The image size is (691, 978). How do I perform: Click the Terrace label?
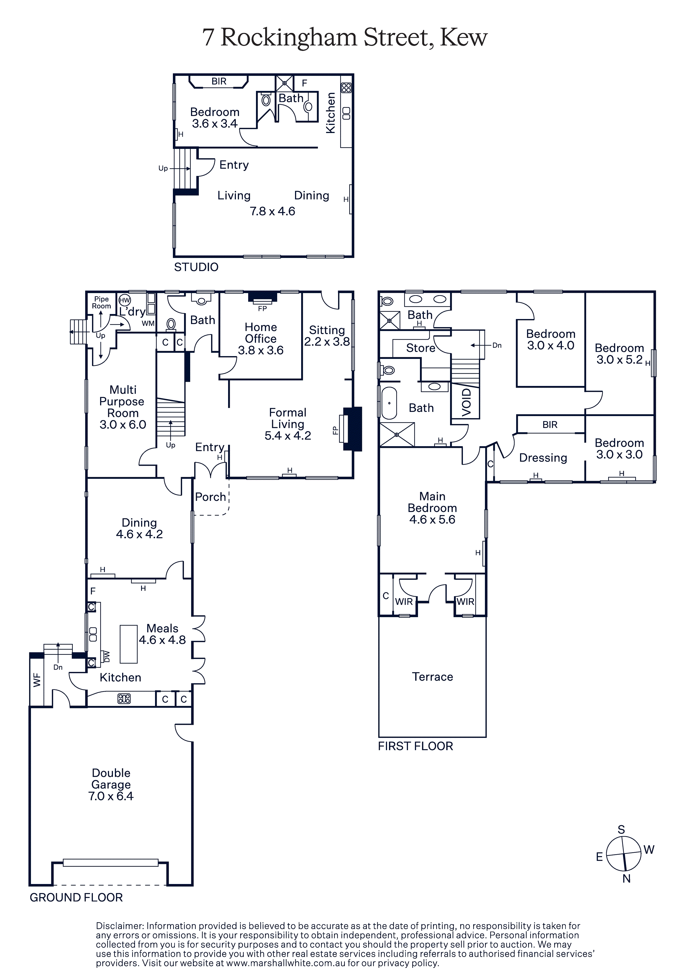(433, 677)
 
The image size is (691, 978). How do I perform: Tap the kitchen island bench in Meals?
(129, 644)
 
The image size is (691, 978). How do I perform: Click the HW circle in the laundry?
(124, 300)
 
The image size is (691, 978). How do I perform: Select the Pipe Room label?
(102, 302)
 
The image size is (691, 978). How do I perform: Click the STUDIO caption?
(196, 267)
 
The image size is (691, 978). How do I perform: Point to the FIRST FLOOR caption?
(415, 746)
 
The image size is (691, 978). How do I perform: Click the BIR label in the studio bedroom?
(219, 81)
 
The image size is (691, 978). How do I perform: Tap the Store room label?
(421, 348)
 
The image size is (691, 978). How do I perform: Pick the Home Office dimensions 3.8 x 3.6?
(261, 350)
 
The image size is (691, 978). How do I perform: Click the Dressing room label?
(543, 458)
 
